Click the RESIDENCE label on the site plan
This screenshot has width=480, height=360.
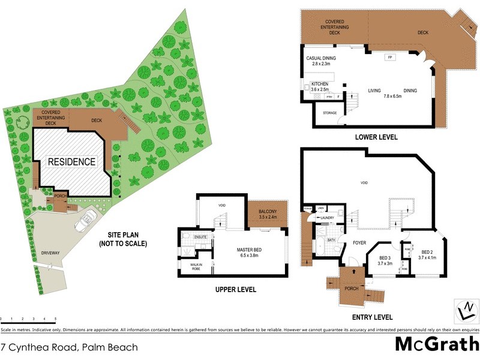click(x=71, y=161)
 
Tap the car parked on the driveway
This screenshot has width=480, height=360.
click(x=84, y=221)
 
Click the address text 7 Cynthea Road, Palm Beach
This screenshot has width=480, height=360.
click(x=70, y=347)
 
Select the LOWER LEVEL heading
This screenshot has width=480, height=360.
click(x=376, y=137)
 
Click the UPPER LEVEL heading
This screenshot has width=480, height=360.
click(x=235, y=289)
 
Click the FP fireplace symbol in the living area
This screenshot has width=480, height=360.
click(x=389, y=57)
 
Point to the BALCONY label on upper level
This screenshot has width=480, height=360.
click(x=268, y=210)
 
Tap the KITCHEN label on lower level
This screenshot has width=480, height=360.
click(x=319, y=83)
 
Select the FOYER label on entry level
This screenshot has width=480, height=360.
click(x=359, y=244)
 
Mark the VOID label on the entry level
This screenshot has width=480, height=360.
click(x=364, y=183)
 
